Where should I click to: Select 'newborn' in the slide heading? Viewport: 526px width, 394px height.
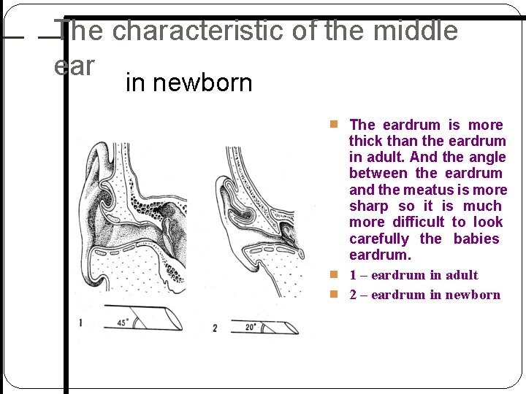tap(188, 82)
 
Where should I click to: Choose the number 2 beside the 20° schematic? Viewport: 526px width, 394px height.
tap(214, 328)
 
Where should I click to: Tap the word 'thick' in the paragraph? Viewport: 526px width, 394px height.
tap(366, 141)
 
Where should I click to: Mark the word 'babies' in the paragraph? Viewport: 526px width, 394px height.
tap(476, 239)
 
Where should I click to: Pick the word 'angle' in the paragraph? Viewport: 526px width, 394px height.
tap(488, 157)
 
